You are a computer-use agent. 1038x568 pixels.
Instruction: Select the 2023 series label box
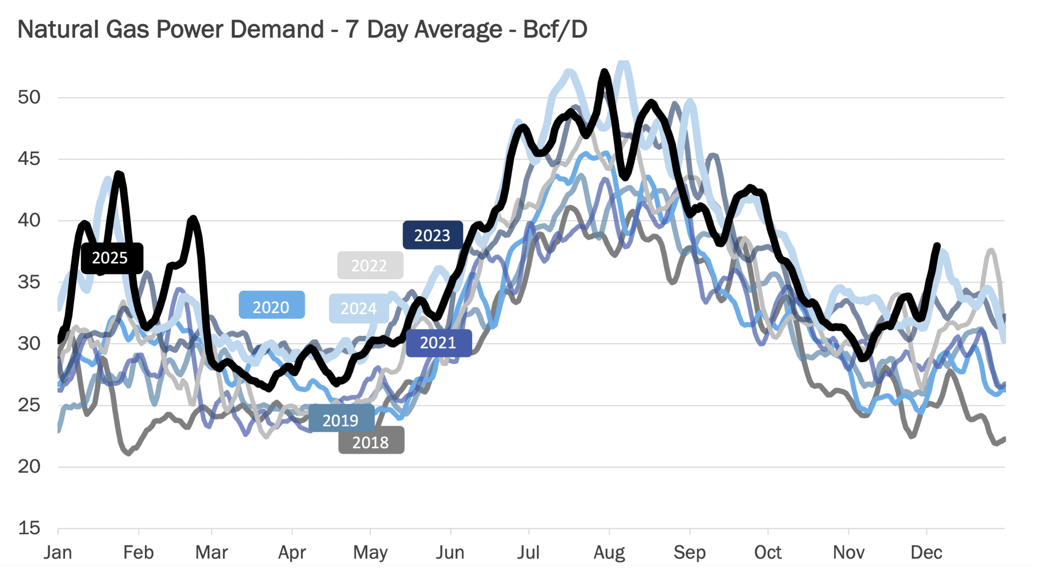click(432, 235)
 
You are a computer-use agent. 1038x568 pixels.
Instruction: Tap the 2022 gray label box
click(370, 265)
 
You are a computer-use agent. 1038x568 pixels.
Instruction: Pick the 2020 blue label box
click(271, 307)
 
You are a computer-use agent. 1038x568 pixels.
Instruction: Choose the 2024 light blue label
click(358, 308)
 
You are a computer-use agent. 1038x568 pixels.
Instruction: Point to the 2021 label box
click(438, 343)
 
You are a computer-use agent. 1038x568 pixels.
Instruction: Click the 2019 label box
click(341, 420)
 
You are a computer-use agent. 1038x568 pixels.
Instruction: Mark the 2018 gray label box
click(371, 442)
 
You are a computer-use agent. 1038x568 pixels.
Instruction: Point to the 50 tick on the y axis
click(29, 97)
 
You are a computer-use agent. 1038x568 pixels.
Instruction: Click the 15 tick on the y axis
click(29, 528)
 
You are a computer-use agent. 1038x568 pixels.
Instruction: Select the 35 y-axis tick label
click(29, 282)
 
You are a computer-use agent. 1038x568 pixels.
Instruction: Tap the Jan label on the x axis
click(58, 552)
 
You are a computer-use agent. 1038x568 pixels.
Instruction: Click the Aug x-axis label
click(609, 552)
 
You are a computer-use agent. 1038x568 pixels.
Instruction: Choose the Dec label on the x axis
click(927, 552)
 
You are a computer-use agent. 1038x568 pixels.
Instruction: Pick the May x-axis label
click(370, 552)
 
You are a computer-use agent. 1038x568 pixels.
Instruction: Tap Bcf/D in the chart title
click(555, 29)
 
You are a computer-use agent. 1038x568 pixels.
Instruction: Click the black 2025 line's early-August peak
click(605, 72)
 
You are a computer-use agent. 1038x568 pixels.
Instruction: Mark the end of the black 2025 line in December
click(937, 246)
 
